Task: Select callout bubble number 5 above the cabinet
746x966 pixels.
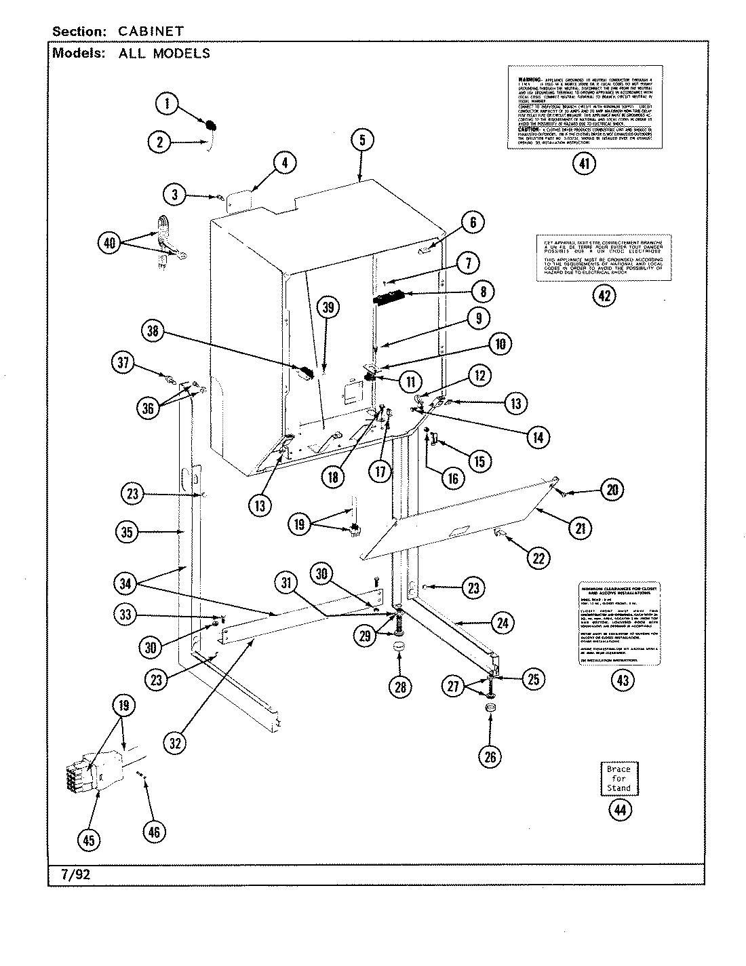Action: (x=362, y=140)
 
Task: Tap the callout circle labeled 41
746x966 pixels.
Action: (x=584, y=163)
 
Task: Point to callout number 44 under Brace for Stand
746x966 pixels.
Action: (x=619, y=810)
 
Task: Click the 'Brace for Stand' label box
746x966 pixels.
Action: (x=619, y=779)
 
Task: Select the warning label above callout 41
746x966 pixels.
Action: (x=584, y=107)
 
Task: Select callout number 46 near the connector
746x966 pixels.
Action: (x=154, y=832)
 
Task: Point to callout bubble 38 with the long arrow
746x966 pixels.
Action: (x=155, y=331)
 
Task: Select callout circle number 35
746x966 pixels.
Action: (x=127, y=533)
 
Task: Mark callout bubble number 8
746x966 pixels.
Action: (x=482, y=292)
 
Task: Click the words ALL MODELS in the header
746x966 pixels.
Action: (x=164, y=54)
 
